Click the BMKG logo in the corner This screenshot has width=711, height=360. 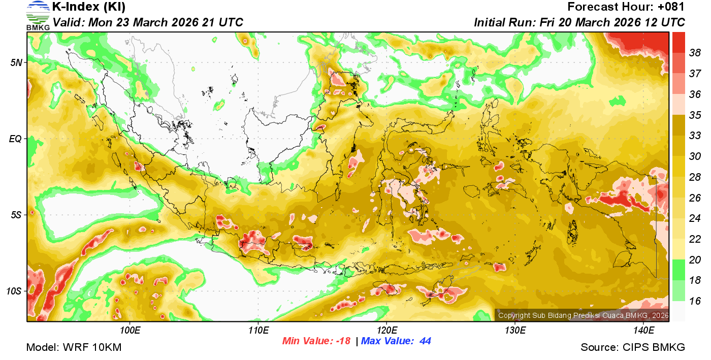[38, 15]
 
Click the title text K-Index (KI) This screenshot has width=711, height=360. [89, 7]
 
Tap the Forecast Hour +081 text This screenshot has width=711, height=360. [626, 7]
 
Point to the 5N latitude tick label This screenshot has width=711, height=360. [16, 62]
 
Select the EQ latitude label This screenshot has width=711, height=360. [16, 139]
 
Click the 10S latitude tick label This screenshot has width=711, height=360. [15, 291]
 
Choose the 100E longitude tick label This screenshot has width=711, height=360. [131, 331]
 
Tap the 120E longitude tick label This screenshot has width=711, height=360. [387, 331]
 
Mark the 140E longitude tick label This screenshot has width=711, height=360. [644, 331]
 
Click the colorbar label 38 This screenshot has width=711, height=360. [695, 52]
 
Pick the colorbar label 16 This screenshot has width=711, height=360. [695, 301]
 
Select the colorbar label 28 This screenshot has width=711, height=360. [695, 177]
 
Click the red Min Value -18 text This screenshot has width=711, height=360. [316, 341]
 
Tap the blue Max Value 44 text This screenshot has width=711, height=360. [396, 341]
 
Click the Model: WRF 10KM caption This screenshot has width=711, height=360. [74, 348]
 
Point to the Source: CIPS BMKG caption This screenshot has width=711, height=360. [633, 348]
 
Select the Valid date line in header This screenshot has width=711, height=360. [148, 22]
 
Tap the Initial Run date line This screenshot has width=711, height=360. [579, 22]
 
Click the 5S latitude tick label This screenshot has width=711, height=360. [16, 215]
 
